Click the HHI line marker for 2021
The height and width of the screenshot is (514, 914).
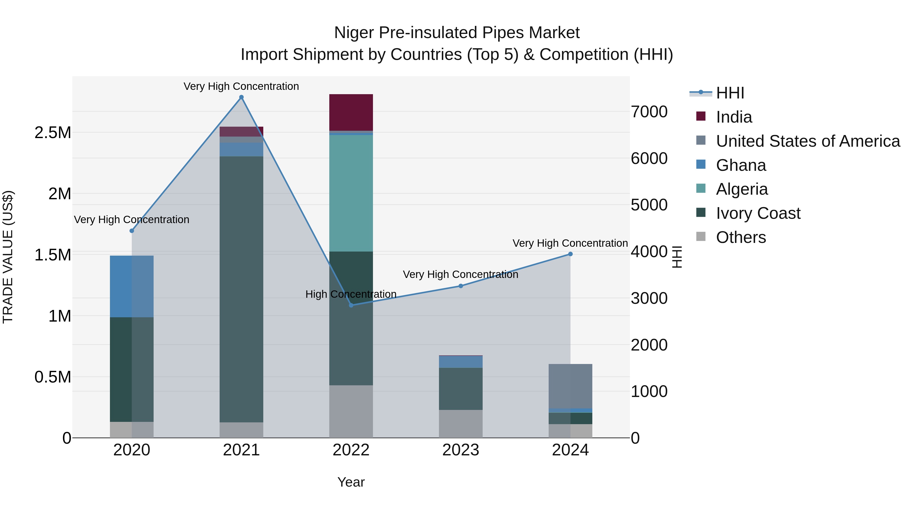(x=241, y=97)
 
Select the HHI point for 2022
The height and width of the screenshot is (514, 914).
(x=351, y=305)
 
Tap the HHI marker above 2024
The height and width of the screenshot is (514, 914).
(x=570, y=254)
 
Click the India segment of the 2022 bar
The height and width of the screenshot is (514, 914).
(x=351, y=112)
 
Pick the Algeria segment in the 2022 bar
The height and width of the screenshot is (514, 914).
(x=351, y=193)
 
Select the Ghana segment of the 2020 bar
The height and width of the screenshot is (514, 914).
(x=132, y=286)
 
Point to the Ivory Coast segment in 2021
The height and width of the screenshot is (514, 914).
(x=241, y=289)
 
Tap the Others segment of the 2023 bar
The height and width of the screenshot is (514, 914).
(x=461, y=424)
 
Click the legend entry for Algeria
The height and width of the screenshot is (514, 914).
(x=742, y=189)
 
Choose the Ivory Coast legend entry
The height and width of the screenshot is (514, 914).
(x=758, y=213)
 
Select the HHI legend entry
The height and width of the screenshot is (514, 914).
(x=730, y=93)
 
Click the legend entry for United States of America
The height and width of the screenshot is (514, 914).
(x=808, y=141)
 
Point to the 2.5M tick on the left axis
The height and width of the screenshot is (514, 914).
(x=53, y=133)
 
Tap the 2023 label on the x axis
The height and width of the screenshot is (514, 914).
(x=461, y=450)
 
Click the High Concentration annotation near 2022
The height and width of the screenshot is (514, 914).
(x=351, y=294)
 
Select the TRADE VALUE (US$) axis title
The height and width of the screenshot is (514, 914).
(x=8, y=257)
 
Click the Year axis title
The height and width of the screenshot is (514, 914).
(x=351, y=482)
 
